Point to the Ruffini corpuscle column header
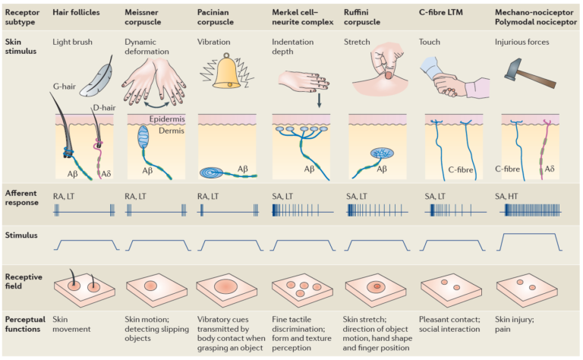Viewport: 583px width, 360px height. [x=369, y=17]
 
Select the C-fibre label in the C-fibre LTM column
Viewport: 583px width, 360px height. [x=460, y=170]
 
